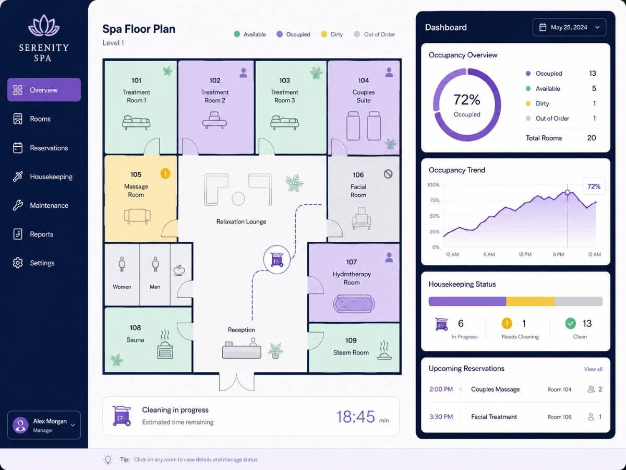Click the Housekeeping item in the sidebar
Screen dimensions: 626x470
(43, 177)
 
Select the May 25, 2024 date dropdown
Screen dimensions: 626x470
(569, 27)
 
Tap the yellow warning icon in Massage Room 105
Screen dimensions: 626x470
(165, 173)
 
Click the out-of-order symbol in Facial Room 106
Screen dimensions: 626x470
(388, 174)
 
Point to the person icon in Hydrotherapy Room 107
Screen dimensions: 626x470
(389, 257)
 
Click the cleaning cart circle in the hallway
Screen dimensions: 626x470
(276, 260)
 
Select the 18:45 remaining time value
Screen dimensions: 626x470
(356, 417)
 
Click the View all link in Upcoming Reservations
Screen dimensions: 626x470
(593, 369)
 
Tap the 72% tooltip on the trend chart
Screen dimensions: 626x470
(594, 186)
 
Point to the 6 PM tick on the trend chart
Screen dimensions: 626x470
(558, 254)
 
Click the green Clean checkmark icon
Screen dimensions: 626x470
(570, 323)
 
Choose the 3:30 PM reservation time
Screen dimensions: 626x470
(441, 417)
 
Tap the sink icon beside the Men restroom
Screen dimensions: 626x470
(179, 270)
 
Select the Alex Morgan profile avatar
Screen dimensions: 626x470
(20, 425)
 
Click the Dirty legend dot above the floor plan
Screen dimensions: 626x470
(324, 34)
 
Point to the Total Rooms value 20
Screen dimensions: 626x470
(591, 138)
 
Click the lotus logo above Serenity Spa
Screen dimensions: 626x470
(44, 26)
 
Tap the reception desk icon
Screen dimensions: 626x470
(242, 348)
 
